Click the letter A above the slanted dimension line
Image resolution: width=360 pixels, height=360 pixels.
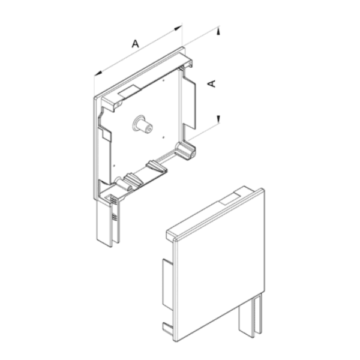pyautogui.click(x=135, y=43)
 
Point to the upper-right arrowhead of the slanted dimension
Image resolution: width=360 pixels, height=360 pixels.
pyautogui.click(x=178, y=28)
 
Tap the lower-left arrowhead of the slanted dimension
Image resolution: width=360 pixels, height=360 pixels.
pyautogui.click(x=98, y=73)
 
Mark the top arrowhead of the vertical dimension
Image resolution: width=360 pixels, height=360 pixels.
pyautogui.click(x=218, y=31)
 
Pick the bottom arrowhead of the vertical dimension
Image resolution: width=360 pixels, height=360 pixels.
pyautogui.click(x=218, y=119)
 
